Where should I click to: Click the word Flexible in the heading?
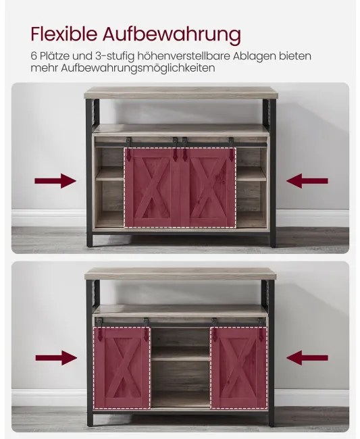click(63, 34)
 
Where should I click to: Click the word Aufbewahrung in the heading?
click(172, 34)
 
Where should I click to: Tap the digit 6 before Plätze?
click(34, 56)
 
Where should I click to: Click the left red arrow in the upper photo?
click(55, 181)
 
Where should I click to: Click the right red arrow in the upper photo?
click(307, 181)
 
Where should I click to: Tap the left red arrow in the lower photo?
click(56, 358)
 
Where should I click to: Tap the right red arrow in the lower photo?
click(307, 358)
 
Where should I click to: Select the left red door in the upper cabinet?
click(152, 187)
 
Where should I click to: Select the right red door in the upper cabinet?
click(208, 187)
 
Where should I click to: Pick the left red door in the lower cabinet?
click(122, 367)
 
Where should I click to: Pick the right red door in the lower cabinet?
click(239, 367)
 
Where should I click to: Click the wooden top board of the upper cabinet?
click(181, 93)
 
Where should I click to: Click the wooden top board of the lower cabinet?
click(180, 274)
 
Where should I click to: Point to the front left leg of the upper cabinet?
click(89, 174)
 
